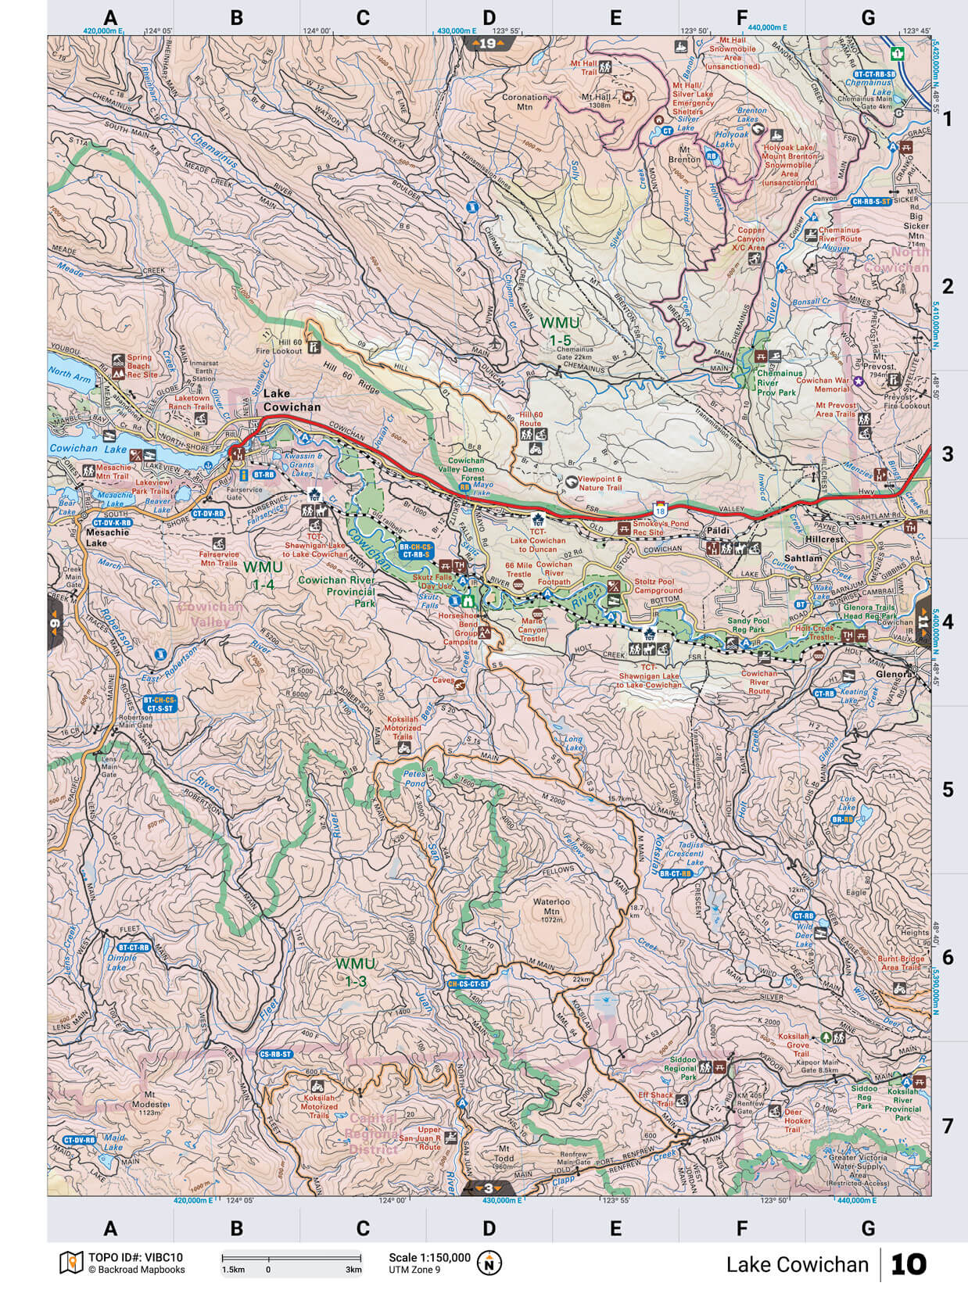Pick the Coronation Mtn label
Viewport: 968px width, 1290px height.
coord(524,103)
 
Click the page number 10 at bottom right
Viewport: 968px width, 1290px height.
coord(908,1264)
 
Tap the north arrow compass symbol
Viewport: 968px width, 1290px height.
coord(489,1263)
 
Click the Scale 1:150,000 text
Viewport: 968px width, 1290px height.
coord(429,1257)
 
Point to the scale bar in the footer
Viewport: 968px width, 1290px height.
coord(291,1259)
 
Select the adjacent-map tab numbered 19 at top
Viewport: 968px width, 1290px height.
coord(487,44)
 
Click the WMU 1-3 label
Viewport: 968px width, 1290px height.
coord(355,969)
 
